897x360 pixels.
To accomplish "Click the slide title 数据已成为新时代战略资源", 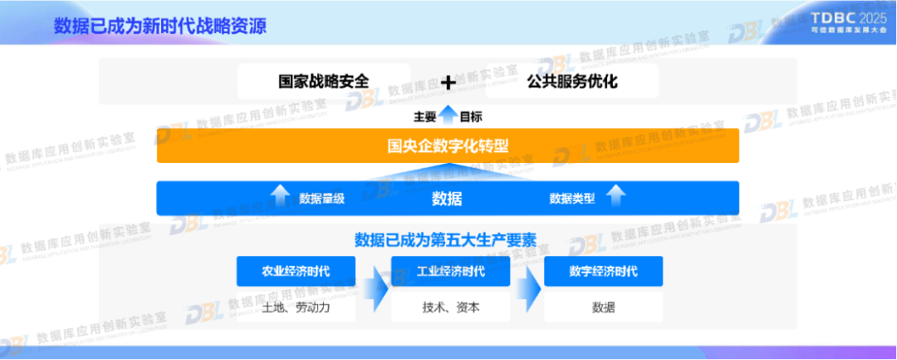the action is click(159, 26).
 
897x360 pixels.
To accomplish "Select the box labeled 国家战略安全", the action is click(323, 81).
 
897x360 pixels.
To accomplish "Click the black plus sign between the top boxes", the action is click(448, 82).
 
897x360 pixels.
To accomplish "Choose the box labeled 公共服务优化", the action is click(572, 81).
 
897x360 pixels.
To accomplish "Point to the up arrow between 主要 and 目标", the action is click(448, 116).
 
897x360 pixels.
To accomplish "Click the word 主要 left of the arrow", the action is click(425, 116).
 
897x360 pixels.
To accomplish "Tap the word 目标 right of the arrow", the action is click(471, 116).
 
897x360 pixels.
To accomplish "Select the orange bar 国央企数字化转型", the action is click(448, 146).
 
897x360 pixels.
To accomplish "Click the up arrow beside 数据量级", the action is click(280, 198).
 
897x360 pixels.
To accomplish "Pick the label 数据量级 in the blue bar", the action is click(321, 199).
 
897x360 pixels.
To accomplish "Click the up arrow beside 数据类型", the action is click(615, 198).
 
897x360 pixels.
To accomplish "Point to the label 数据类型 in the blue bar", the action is click(572, 199).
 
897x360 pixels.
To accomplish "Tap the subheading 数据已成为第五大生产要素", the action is click(445, 240).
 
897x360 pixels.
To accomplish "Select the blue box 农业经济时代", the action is click(296, 271).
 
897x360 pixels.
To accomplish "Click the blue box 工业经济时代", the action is click(450, 271).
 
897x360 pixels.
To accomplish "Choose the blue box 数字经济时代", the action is click(604, 271).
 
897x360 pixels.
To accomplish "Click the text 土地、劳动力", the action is click(296, 308).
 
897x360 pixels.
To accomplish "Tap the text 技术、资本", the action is click(450, 308).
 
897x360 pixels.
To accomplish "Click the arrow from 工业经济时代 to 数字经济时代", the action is click(527, 288).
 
